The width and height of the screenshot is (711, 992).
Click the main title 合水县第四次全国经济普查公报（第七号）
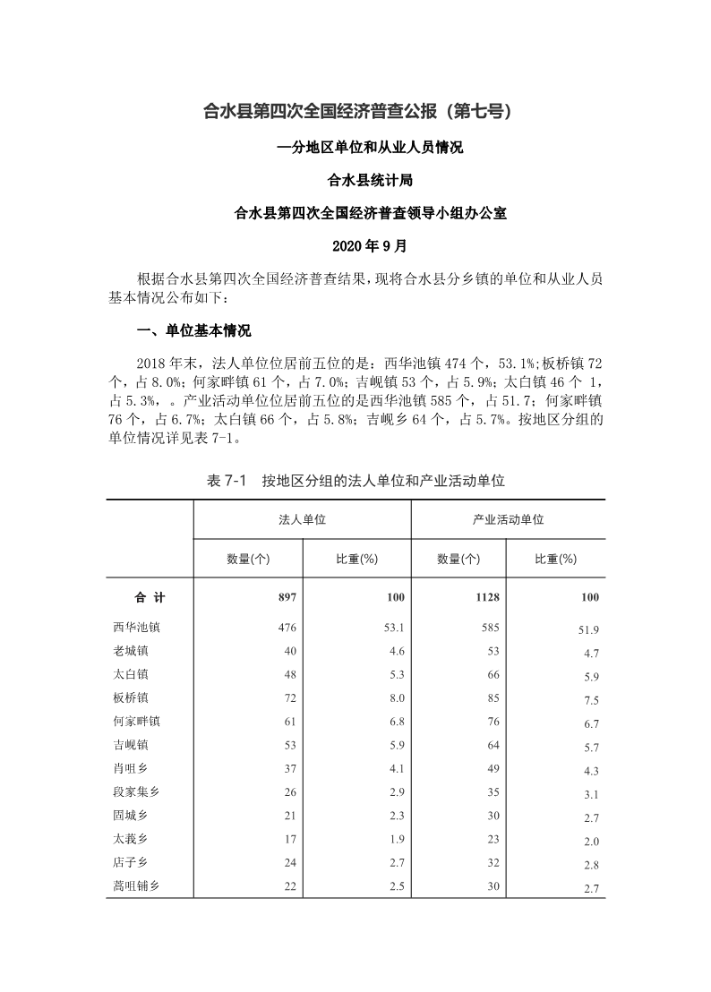click(356, 112)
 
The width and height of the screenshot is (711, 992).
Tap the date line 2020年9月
click(356, 244)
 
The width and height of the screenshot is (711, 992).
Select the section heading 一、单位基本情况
click(193, 330)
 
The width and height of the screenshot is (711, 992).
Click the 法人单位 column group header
click(302, 519)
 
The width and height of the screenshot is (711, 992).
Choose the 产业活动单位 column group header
click(508, 519)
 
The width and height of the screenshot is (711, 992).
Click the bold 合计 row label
click(150, 597)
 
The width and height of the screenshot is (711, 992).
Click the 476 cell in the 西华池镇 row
click(287, 628)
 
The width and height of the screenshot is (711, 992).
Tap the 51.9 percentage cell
click(588, 630)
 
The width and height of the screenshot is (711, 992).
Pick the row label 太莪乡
click(131, 838)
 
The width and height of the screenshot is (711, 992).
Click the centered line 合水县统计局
click(356, 180)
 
